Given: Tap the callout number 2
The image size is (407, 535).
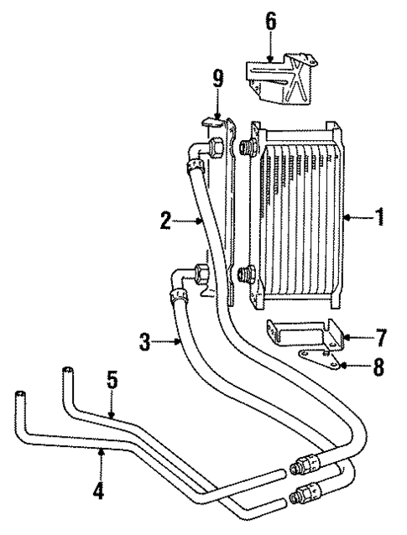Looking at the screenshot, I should pyautogui.click(x=166, y=221).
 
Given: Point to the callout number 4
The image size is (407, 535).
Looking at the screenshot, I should pyautogui.click(x=99, y=487).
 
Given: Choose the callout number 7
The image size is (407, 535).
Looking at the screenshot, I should pyautogui.click(x=380, y=339).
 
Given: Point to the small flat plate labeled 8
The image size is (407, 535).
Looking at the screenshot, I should pyautogui.click(x=323, y=361).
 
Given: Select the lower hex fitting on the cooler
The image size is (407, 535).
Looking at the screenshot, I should pyautogui.click(x=247, y=273).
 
